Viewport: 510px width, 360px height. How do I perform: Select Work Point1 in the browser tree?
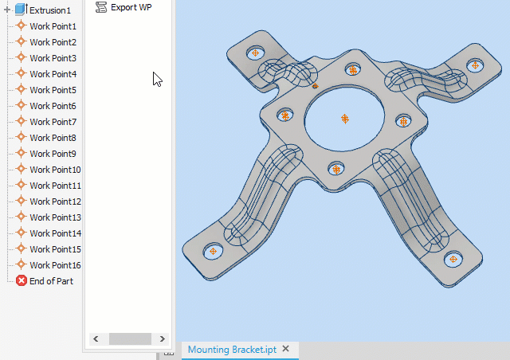pos(53,26)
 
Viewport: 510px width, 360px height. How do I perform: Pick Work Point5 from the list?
pos(53,90)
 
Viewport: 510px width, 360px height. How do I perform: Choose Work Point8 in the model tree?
pos(53,138)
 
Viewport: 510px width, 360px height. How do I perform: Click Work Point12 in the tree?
pos(55,202)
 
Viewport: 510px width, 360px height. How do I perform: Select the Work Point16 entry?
pos(55,265)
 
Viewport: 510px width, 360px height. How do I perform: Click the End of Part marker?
pos(51,281)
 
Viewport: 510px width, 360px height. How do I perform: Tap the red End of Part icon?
pos(22,281)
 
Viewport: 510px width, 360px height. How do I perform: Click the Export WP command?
pos(130,7)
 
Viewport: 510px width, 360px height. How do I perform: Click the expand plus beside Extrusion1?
pos(7,10)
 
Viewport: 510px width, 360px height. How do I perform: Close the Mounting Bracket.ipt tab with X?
pos(285,349)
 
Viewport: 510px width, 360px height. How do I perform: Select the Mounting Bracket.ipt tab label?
pos(232,350)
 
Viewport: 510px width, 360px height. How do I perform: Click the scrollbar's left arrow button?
pos(96,338)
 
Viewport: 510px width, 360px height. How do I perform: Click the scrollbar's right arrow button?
pos(163,338)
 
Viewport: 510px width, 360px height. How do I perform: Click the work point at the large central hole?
pos(345,118)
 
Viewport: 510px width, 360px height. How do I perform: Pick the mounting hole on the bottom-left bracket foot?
pos(214,251)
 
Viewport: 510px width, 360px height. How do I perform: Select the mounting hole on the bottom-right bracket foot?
pos(453,258)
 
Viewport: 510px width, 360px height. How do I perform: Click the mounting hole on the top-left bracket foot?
pos(255,53)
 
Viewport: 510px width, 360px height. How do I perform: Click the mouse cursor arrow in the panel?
pos(157,79)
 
